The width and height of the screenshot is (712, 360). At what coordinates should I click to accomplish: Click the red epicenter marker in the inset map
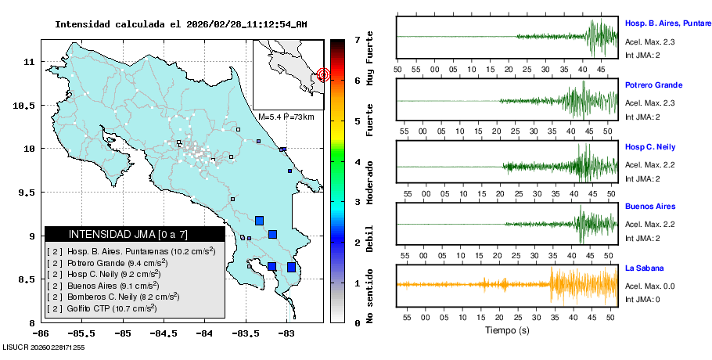click(323, 75)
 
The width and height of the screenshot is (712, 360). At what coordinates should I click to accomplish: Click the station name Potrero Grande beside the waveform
click(654, 85)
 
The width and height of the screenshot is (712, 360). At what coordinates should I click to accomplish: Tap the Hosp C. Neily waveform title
click(650, 147)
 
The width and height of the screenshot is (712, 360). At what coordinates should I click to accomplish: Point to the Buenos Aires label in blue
click(650, 207)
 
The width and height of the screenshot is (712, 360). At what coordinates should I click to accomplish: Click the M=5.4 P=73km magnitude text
click(286, 117)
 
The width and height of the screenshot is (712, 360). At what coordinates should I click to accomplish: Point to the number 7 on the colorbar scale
click(356, 39)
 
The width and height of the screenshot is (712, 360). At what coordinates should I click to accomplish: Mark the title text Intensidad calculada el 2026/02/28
click(180, 24)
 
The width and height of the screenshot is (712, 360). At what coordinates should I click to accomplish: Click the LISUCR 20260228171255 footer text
click(44, 347)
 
